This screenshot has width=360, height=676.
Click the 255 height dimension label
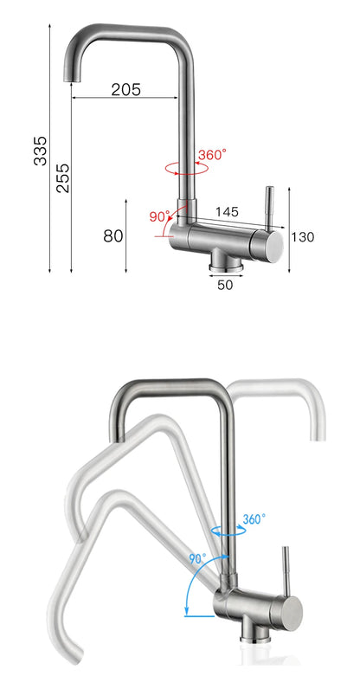coord(62,178)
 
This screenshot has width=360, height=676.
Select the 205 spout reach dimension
coord(125,89)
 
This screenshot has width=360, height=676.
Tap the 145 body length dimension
coord(227,211)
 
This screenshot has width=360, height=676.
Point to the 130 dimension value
coord(302,237)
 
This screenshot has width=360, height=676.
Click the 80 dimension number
coord(112,236)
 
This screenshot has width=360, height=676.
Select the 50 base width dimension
coord(225,284)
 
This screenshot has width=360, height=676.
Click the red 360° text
coord(212,155)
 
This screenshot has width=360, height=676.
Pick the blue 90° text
coord(198,559)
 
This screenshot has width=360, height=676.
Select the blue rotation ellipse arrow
coord(227,532)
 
